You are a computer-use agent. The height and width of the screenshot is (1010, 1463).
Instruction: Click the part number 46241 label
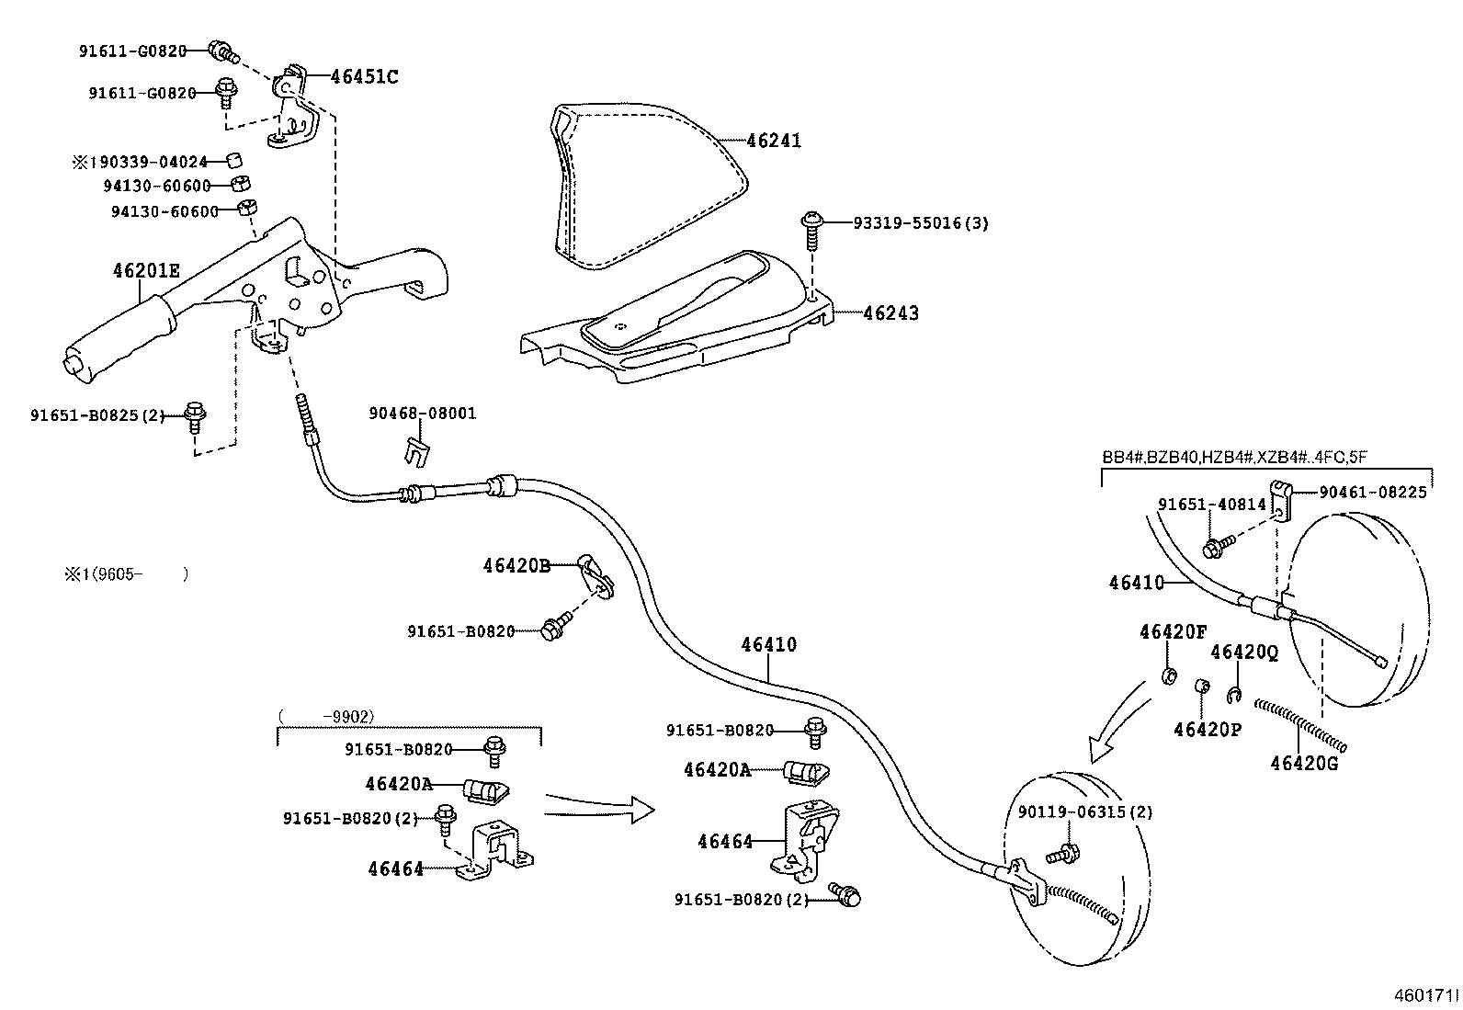pos(774,141)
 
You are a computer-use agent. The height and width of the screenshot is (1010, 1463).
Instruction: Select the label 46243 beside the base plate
pos(890,312)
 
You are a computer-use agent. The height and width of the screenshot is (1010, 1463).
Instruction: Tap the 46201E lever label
pos(146,270)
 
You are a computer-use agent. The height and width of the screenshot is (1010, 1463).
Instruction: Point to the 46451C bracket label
pos(364,76)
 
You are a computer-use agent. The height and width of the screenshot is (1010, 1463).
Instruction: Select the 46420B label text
pos(516,566)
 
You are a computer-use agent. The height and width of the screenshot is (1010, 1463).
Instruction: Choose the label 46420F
pos(1172,631)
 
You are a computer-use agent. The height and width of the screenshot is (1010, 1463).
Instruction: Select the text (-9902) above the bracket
pos(327,716)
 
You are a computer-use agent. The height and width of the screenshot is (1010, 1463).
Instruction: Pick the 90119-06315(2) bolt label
pos(1084,811)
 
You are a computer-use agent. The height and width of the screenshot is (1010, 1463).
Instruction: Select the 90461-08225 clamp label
pos(1372,493)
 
